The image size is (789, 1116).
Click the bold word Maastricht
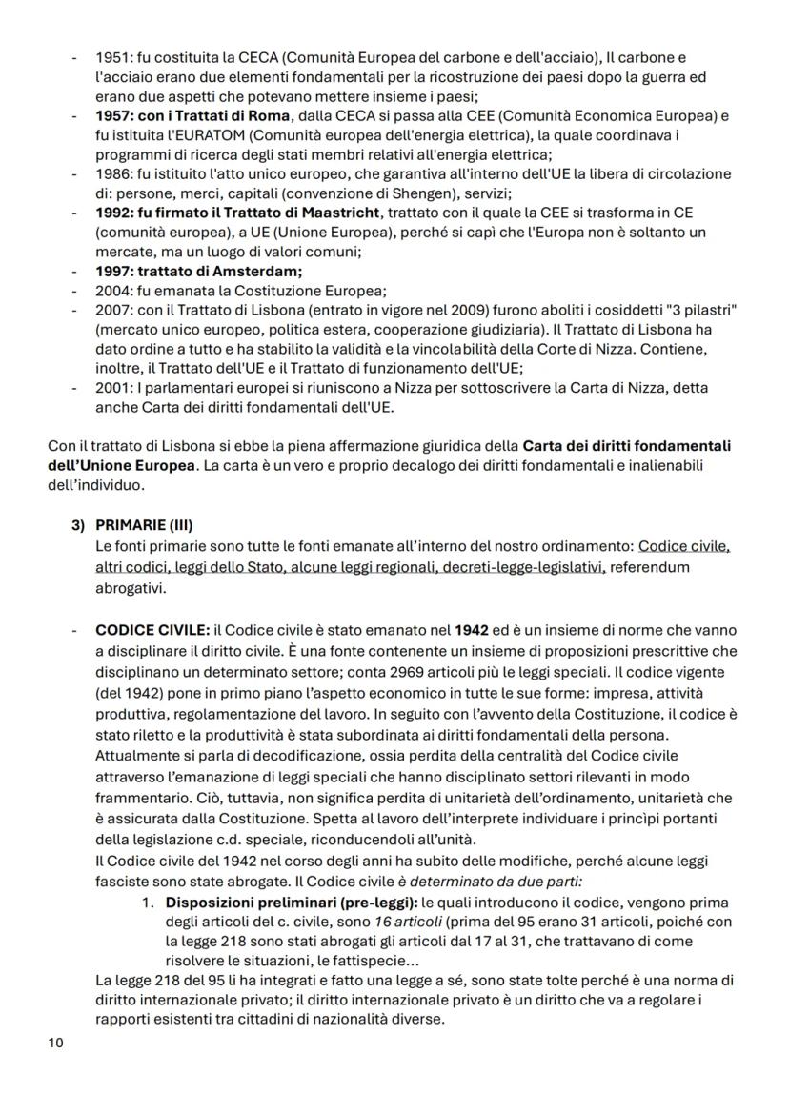coord(341,213)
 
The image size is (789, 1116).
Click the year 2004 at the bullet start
coord(111,291)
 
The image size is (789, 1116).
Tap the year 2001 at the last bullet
coord(111,388)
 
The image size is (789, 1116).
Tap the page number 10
coord(55,1044)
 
